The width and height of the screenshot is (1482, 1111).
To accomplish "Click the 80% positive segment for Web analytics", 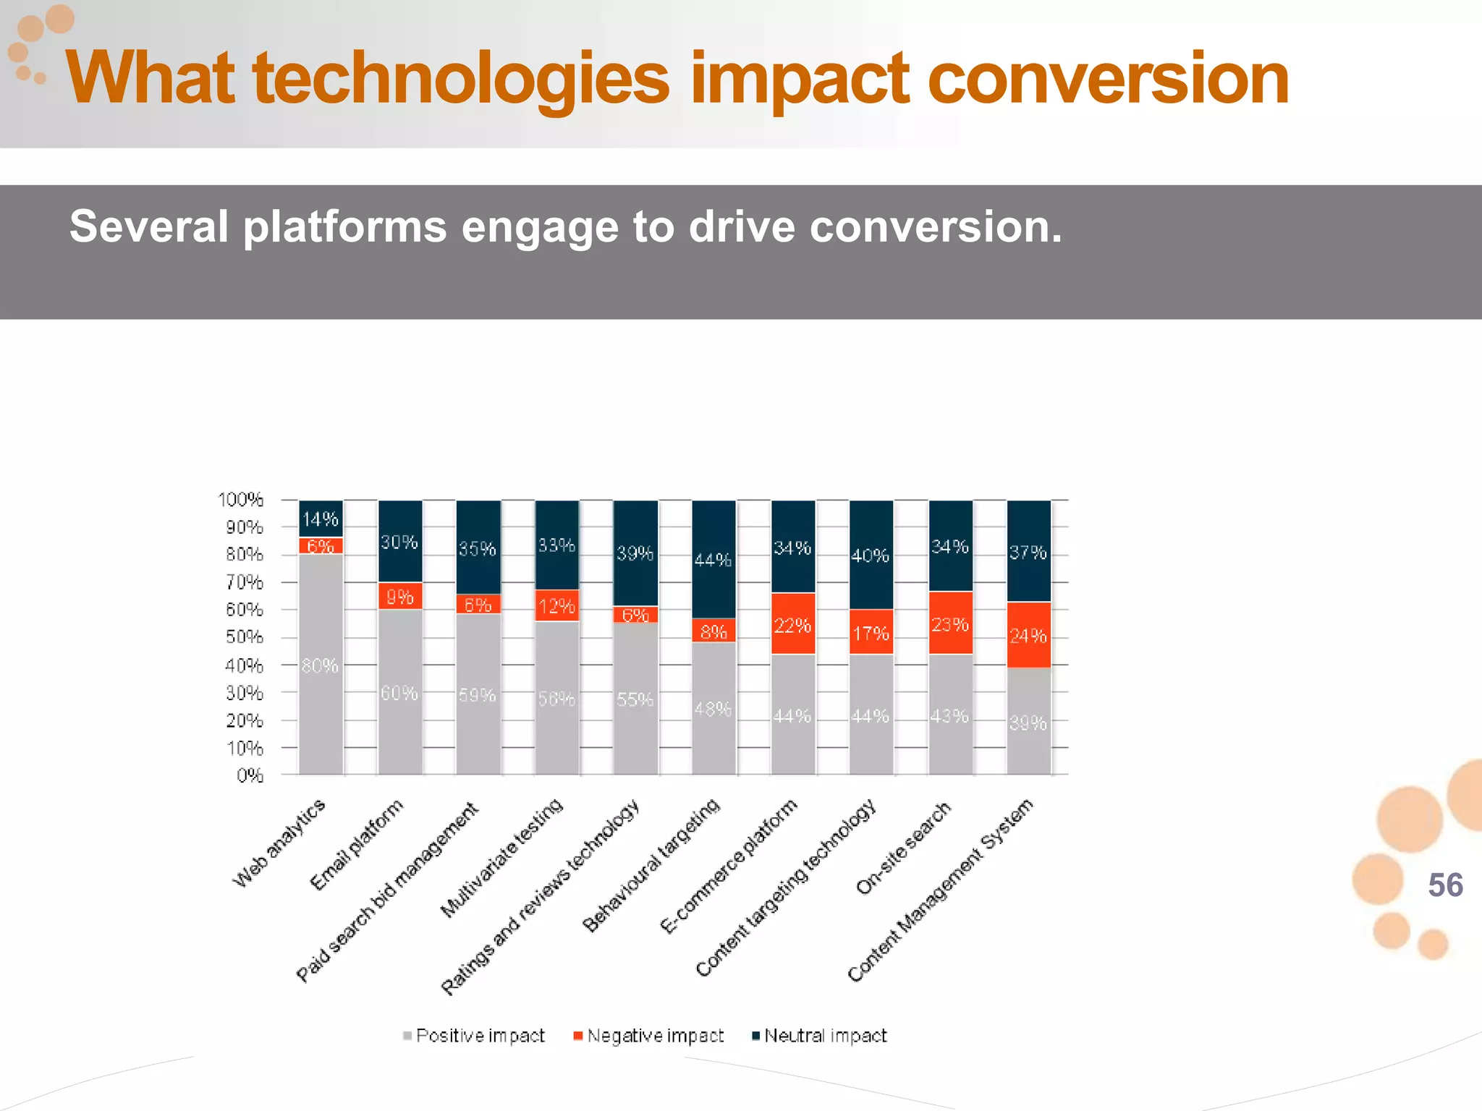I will (321, 664).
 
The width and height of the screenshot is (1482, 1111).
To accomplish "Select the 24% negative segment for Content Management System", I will (1028, 635).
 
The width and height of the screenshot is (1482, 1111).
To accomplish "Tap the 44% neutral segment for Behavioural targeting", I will (714, 559).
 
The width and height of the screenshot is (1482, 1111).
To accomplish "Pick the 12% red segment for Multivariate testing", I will (556, 605).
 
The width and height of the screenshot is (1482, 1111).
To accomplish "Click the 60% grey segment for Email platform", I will (399, 692).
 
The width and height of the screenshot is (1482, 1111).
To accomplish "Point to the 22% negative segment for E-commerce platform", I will (792, 624).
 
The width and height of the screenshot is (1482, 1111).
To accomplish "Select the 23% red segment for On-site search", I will (950, 623).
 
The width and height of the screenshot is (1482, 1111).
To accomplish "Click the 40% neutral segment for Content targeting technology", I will (871, 555).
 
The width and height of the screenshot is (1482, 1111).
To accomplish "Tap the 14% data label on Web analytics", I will (320, 519).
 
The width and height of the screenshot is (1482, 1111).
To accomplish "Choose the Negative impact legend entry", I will (648, 1036).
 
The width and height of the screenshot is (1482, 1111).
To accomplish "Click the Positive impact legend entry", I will (474, 1036).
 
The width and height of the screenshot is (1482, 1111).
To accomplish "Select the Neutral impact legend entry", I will (819, 1036).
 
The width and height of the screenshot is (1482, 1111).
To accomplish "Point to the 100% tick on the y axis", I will (241, 500).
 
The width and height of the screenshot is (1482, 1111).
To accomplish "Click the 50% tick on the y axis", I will (244, 637).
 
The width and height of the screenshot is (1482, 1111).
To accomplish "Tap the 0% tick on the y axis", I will (250, 775).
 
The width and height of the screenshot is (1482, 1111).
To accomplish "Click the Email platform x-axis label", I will (356, 845).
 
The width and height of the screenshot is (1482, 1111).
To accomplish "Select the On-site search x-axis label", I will (902, 848).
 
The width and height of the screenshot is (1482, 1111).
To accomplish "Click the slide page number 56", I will (1445, 885).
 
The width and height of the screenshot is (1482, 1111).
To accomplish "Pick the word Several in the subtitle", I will (149, 226).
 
